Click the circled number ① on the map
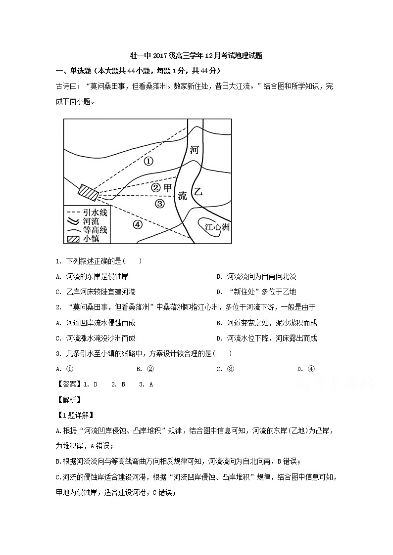pos(148,161)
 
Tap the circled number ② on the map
pos(155,188)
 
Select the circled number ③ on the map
pos(159,204)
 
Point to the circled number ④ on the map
pos(137,224)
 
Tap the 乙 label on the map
pos(198,192)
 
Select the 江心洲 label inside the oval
pos(217,227)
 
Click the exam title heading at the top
pos(196,56)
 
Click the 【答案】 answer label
pos(68,384)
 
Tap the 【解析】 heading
pos(68,399)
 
